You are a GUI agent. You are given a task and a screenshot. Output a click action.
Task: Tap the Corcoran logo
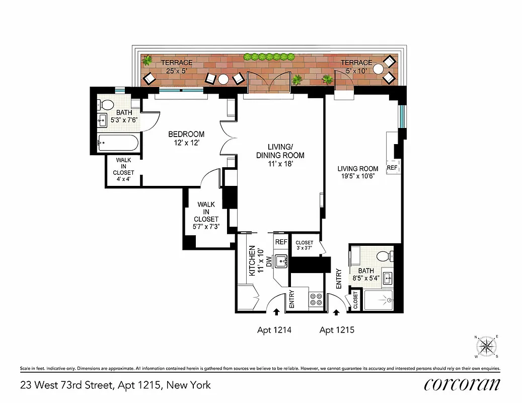tap(462, 384)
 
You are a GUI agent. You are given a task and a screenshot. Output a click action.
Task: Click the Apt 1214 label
tap(274, 330)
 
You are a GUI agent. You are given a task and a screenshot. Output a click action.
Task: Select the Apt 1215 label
tap(337, 330)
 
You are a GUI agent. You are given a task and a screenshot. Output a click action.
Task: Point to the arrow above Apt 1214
tap(276, 312)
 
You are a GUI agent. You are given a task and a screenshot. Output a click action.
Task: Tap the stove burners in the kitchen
tap(316, 300)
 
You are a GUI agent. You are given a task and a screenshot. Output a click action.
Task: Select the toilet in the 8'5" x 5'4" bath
tap(386, 256)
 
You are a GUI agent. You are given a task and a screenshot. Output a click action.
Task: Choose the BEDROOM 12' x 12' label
tap(186, 138)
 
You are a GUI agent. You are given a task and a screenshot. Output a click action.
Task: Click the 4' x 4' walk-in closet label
tap(123, 169)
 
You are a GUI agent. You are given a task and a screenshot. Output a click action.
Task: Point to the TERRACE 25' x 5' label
tap(176, 66)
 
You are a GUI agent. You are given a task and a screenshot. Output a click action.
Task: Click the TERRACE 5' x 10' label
tap(356, 66)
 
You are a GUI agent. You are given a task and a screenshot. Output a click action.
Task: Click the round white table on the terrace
tap(223, 79)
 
